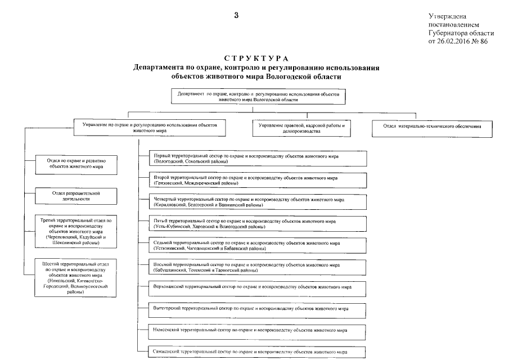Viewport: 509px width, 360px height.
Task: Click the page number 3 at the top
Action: pos(237,15)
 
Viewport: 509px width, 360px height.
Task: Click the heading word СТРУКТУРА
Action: pos(256,59)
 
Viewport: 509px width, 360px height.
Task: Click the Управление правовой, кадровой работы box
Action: pos(301,128)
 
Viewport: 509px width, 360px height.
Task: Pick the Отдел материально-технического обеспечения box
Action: pos(431,127)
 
